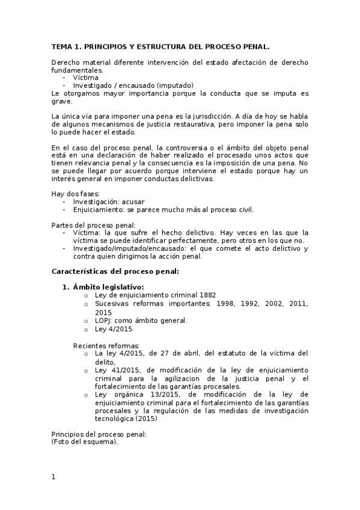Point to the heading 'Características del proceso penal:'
(x=115, y=271)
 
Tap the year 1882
(x=206, y=295)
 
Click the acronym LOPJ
(x=105, y=321)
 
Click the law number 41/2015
(x=121, y=369)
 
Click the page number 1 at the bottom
(x=53, y=478)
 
